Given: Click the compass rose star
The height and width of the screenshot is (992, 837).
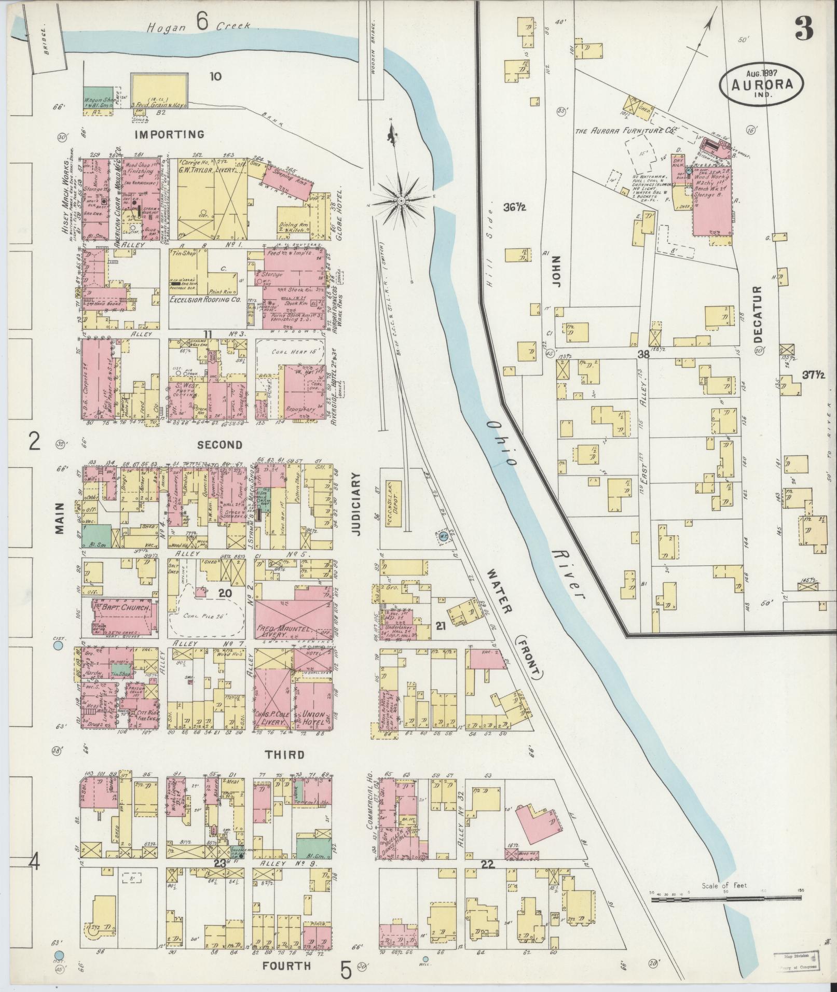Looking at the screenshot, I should click(x=401, y=200).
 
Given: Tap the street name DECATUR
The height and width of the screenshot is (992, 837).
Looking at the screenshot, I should click(x=757, y=314).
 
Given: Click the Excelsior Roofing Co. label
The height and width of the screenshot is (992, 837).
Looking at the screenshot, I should click(x=204, y=300).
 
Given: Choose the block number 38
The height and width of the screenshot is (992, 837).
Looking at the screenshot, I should click(x=643, y=355).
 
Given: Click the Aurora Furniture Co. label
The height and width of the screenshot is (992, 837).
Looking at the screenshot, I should click(x=625, y=132).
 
